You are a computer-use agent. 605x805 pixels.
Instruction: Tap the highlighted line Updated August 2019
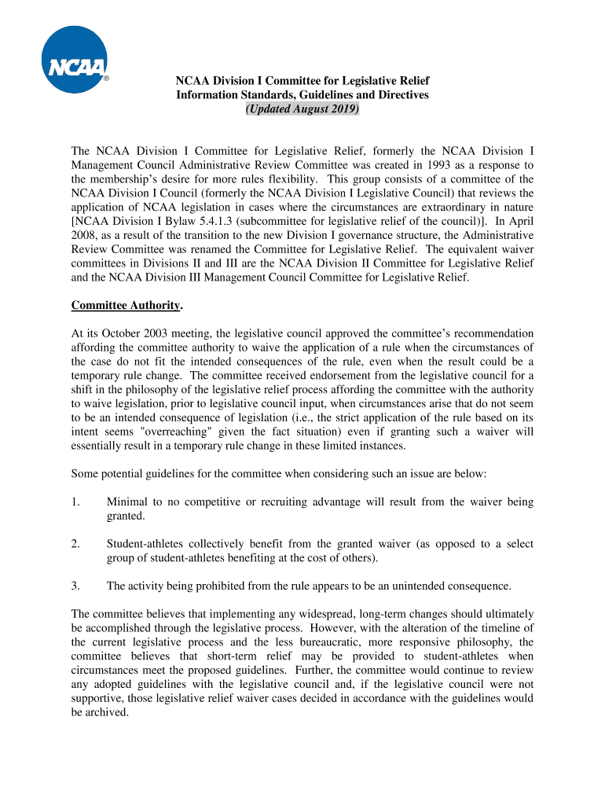tap(302, 109)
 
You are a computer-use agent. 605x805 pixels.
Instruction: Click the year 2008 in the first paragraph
tap(85, 236)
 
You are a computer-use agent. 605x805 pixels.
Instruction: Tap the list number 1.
tap(75, 502)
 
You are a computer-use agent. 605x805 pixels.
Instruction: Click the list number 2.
tap(75, 544)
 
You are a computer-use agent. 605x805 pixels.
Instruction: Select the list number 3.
tap(75, 586)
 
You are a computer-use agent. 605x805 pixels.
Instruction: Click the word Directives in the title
tap(401, 95)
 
